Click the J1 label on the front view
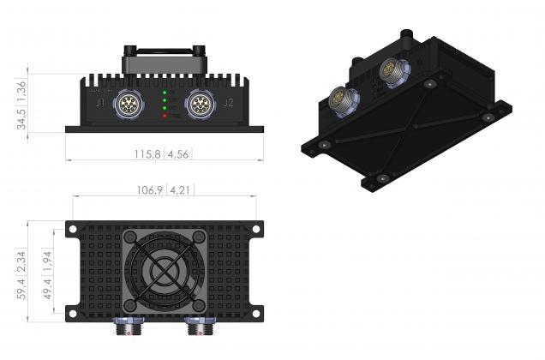(101, 104)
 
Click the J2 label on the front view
(228, 104)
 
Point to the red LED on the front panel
(165, 115)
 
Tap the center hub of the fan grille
(164, 272)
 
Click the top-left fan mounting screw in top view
(129, 237)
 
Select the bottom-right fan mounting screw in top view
(199, 306)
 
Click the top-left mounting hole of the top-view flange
(73, 229)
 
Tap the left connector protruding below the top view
(129, 329)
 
